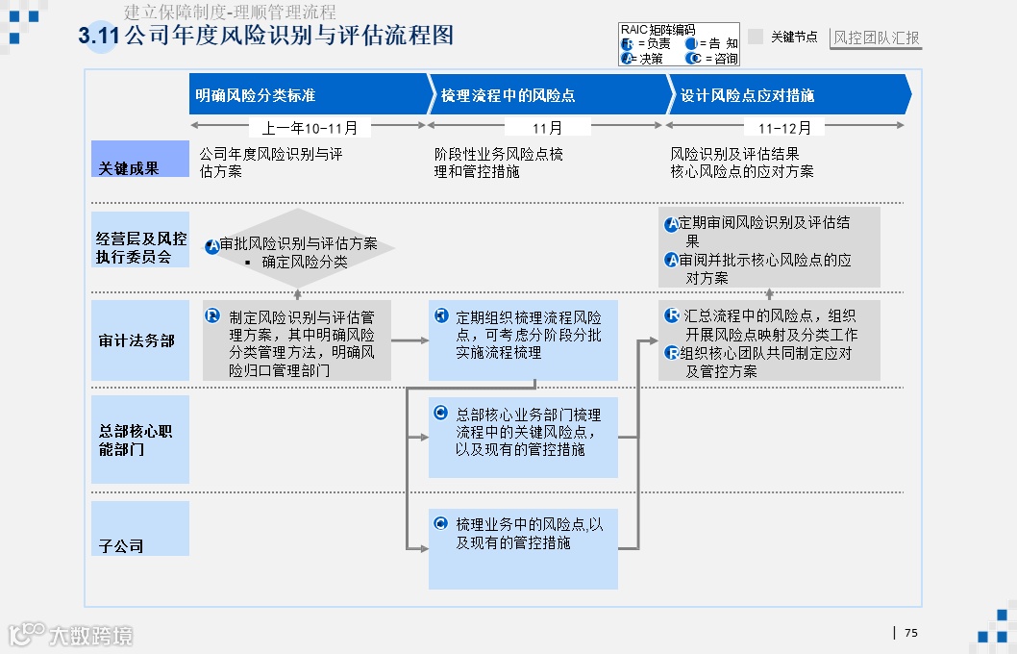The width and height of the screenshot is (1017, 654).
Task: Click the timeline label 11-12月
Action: pos(784,127)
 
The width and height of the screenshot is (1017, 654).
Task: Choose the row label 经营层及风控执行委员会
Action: pos(140,247)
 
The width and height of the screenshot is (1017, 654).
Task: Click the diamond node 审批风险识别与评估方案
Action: pos(298,247)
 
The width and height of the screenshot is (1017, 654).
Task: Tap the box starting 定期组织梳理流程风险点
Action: pos(523,340)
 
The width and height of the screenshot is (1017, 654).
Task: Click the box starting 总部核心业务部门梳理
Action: pos(523,438)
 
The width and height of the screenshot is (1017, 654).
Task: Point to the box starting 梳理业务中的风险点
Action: pos(523,548)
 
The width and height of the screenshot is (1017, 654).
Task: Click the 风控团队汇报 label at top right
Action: pos(876,38)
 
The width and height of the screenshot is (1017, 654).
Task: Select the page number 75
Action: pos(911,632)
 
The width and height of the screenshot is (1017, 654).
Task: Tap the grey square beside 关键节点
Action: pos(756,37)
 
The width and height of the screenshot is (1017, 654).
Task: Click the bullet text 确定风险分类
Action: pos(304,262)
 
